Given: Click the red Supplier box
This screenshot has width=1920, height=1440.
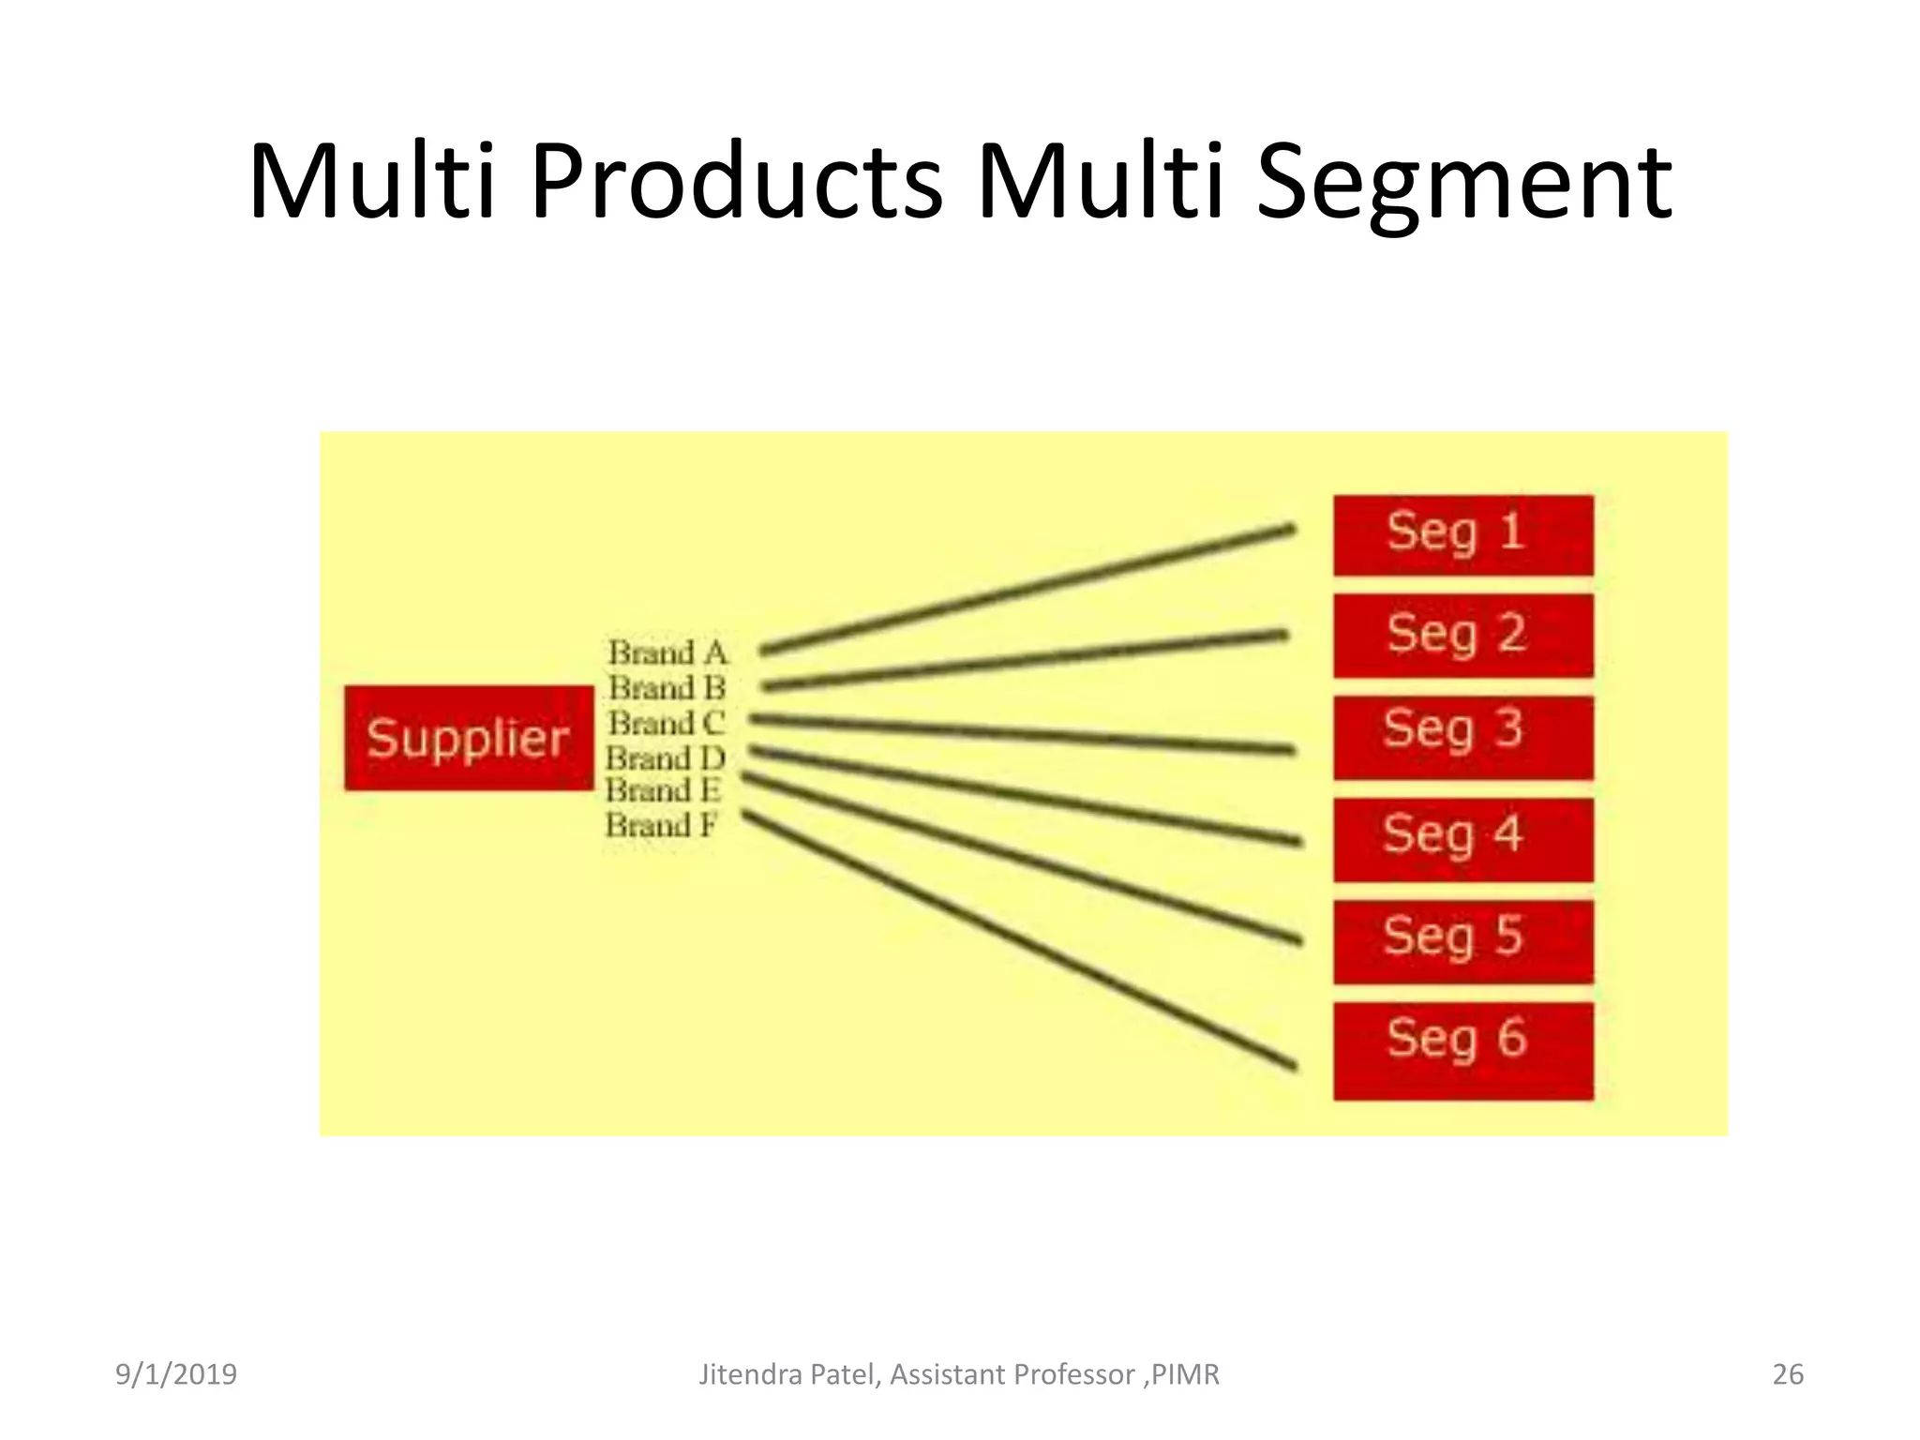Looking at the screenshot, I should pyautogui.click(x=469, y=738).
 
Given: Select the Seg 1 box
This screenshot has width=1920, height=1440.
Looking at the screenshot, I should pyautogui.click(x=1462, y=535).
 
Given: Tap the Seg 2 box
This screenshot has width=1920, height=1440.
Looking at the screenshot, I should pyautogui.click(x=1462, y=635).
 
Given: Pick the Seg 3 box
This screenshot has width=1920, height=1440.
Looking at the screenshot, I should pyautogui.click(x=1462, y=737).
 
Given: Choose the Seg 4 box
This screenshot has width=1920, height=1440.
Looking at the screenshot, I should pyautogui.click(x=1462, y=839).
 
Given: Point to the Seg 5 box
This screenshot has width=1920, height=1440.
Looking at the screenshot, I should pyautogui.click(x=1462, y=941).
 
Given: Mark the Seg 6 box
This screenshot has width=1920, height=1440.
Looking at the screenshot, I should pyautogui.click(x=1462, y=1050).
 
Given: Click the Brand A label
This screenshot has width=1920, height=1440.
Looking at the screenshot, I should pyautogui.click(x=667, y=652).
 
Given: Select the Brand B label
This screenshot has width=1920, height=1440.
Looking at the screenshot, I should pyautogui.click(x=667, y=688).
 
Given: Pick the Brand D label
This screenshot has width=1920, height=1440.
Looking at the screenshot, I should pyautogui.click(x=666, y=757).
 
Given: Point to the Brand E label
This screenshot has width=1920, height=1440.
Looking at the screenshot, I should pyautogui.click(x=663, y=791).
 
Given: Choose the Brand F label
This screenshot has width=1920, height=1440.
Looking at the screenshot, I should pyautogui.click(x=661, y=826).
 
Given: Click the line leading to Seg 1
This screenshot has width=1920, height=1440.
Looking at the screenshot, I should pyautogui.click(x=1027, y=589).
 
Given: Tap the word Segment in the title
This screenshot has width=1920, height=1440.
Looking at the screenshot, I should pyautogui.click(x=1462, y=183).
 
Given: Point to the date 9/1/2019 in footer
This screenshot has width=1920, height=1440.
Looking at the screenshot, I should pyautogui.click(x=176, y=1374).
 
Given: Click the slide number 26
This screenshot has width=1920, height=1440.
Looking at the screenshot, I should pyautogui.click(x=1788, y=1374).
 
